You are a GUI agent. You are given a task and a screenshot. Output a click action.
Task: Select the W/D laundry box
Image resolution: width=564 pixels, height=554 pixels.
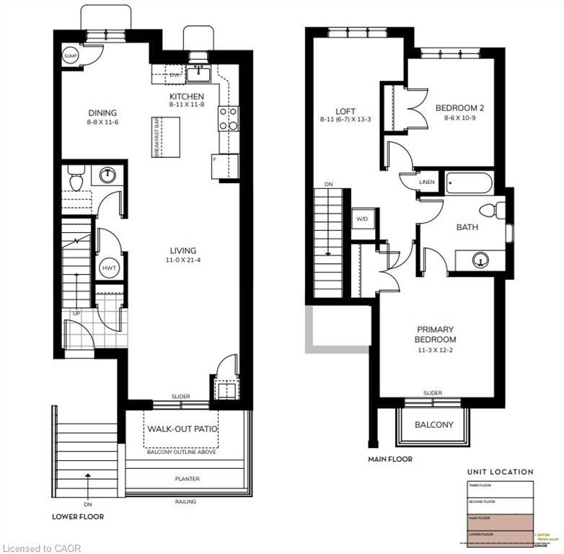(x=363, y=219)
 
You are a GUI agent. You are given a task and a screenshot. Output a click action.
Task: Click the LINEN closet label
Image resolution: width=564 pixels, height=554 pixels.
(x=426, y=183)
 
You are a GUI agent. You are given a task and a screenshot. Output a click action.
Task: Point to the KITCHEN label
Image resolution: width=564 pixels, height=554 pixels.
(x=187, y=97)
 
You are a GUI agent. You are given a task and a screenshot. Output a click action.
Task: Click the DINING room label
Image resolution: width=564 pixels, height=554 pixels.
(x=102, y=113)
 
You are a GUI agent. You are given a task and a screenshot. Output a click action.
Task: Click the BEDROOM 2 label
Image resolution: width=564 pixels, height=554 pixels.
(x=459, y=108)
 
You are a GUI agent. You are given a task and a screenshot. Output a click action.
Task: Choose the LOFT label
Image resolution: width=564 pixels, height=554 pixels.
(x=345, y=111)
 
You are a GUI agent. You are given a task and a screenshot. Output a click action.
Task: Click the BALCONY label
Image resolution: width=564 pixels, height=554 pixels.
(x=433, y=425)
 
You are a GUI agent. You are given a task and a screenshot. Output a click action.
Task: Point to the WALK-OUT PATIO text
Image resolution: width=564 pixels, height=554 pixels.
(x=182, y=429)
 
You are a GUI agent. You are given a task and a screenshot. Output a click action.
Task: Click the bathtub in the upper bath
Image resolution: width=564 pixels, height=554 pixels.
(x=469, y=183)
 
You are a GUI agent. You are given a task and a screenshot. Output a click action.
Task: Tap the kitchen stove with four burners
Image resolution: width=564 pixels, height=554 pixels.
(x=228, y=118)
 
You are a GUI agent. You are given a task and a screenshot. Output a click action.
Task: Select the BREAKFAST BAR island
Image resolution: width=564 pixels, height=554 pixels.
(x=165, y=136)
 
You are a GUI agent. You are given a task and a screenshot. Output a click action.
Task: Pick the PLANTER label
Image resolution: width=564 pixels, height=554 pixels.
(x=186, y=479)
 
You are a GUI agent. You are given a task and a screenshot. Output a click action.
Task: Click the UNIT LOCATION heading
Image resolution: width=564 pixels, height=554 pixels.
(x=500, y=472)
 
